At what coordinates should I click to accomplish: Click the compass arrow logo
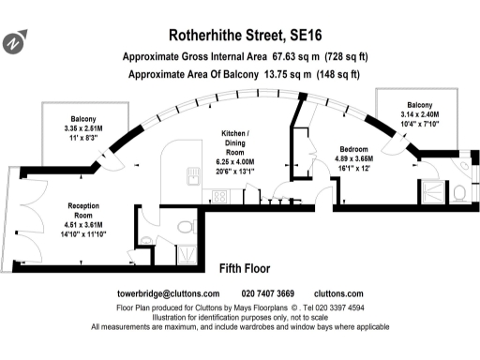point(14,43)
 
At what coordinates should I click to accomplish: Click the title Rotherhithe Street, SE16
point(240,36)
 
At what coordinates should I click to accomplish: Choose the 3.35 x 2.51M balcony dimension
point(85,128)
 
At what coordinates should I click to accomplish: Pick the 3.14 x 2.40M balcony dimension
point(418,114)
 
